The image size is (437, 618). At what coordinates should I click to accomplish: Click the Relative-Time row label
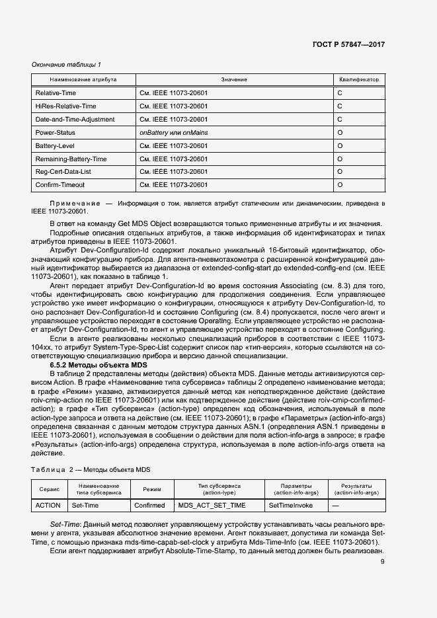pyautogui.click(x=56, y=93)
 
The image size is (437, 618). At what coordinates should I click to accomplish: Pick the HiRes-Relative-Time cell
pyautogui.click(x=65, y=106)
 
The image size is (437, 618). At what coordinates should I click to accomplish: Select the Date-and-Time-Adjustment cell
pyautogui.click(x=75, y=120)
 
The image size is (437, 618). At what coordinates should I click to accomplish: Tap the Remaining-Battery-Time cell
pyautogui.click(x=71, y=159)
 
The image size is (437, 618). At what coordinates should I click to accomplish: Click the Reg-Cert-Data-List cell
pyautogui.click(x=65, y=172)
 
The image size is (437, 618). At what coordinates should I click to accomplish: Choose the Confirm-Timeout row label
pyautogui.click(x=60, y=185)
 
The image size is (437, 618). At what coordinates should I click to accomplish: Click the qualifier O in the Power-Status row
pyautogui.click(x=340, y=133)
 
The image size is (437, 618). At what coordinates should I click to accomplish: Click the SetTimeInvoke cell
pyautogui.click(x=291, y=506)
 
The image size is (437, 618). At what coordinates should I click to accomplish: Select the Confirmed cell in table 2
pyautogui.click(x=149, y=506)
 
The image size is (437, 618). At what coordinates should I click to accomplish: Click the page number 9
pyautogui.click(x=383, y=562)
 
